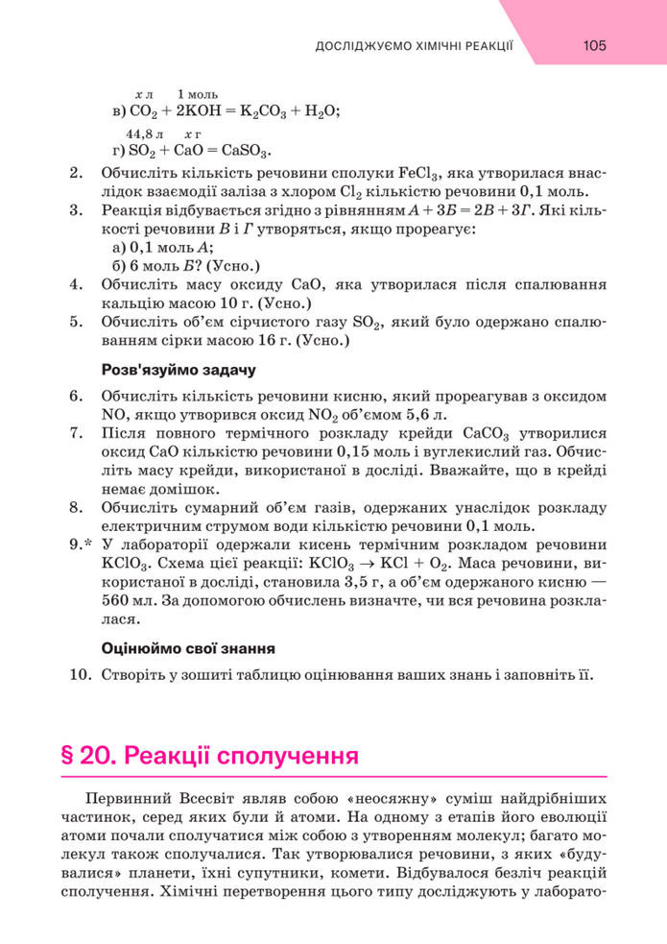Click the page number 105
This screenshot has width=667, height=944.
coord(594,45)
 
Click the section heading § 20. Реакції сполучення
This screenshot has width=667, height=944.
coord(209,756)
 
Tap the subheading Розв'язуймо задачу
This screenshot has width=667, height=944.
coord(179,369)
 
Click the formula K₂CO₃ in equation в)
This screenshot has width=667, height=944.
coord(250,111)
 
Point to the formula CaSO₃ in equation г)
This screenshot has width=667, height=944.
coord(245,151)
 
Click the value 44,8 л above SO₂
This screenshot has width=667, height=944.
coord(145,134)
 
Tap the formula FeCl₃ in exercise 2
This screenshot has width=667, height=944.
coord(418,174)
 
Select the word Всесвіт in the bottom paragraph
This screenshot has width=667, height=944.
coord(212,799)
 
